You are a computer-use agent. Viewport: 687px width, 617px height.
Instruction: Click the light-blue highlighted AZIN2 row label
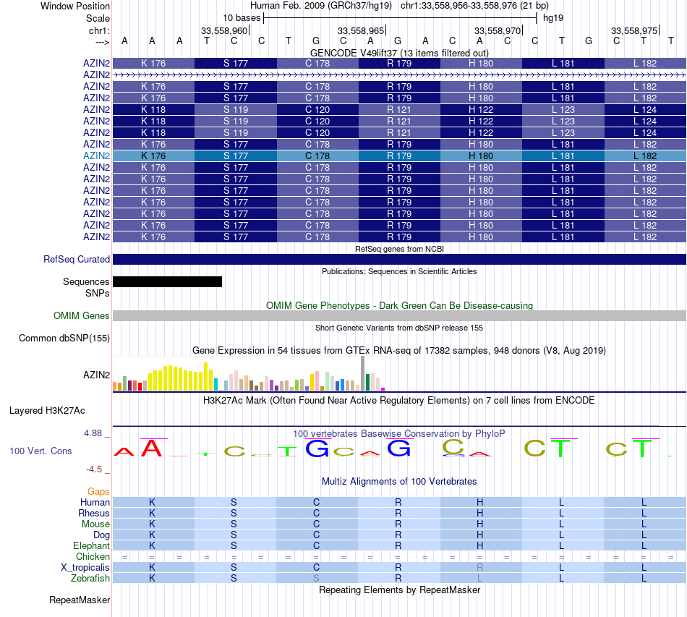coord(96,156)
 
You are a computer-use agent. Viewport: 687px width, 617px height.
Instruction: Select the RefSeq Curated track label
coord(77,259)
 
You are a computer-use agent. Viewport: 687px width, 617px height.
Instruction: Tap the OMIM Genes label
coord(82,315)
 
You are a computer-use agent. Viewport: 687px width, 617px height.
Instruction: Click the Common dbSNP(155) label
coord(64,338)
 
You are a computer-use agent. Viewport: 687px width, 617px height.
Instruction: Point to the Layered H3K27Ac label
coord(47,410)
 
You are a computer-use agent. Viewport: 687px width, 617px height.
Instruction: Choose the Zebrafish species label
coord(90,578)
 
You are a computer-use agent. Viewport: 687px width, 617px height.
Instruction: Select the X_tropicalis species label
coord(85,567)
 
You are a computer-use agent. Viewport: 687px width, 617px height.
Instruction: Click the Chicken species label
coord(93,556)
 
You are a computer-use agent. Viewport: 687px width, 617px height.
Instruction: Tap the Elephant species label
coord(91,545)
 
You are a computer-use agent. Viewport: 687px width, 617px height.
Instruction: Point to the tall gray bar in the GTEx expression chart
coord(362,373)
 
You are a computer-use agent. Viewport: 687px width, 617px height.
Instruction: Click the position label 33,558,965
coord(361,30)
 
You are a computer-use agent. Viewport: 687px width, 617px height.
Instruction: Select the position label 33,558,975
coord(634,30)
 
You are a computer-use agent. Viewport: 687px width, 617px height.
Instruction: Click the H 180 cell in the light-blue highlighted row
coord(480,156)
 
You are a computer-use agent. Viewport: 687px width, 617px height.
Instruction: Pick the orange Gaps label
coord(98,491)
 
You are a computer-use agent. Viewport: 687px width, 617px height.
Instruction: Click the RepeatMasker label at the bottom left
coord(80,600)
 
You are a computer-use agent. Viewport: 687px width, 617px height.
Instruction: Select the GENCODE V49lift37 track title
coord(399,53)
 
